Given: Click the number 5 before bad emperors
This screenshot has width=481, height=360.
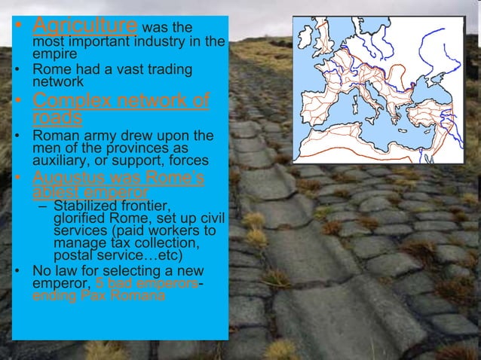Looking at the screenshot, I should (99, 283).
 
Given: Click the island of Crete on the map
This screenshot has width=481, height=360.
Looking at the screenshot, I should (405, 134).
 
